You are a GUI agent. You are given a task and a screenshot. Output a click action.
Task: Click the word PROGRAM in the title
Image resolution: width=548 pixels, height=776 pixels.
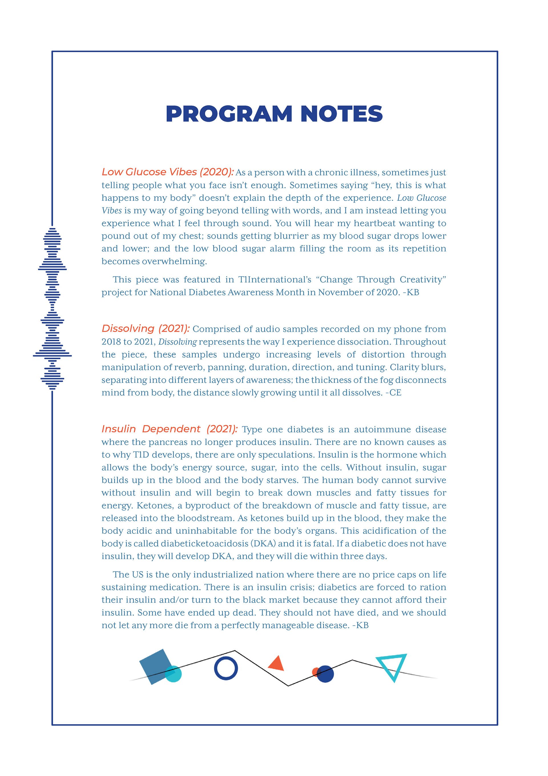pyautogui.click(x=229, y=114)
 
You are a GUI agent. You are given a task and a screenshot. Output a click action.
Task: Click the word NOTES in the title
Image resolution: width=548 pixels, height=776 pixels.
pyautogui.click(x=341, y=114)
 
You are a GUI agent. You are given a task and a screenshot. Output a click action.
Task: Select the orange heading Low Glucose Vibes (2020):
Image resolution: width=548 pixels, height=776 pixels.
pyautogui.click(x=167, y=172)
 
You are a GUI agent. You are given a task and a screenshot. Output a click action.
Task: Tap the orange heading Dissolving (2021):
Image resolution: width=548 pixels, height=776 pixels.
pyautogui.click(x=145, y=328)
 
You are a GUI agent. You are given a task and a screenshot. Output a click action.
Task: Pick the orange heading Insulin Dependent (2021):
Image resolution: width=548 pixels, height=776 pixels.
pyautogui.click(x=169, y=429)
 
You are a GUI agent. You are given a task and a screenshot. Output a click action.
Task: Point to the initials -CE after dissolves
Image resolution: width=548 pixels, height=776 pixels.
pyautogui.click(x=394, y=393)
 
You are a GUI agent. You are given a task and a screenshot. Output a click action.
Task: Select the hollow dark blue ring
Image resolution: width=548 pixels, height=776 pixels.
pyautogui.click(x=226, y=668)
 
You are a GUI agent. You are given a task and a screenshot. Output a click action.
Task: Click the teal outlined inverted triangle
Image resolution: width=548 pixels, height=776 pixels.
pyautogui.click(x=392, y=665)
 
